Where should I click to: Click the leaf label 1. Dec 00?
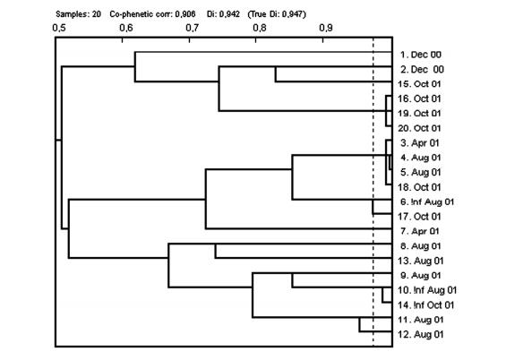(x=421, y=55)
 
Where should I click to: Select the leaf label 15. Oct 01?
(x=419, y=84)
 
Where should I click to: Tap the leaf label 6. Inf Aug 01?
(x=427, y=201)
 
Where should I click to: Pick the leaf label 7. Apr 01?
(x=420, y=231)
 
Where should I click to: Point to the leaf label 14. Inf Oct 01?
(x=426, y=304)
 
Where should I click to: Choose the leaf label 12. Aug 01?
(x=421, y=334)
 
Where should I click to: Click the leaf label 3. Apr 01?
(x=420, y=143)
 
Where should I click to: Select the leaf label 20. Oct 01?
(x=419, y=128)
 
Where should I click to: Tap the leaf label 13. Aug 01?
(x=421, y=261)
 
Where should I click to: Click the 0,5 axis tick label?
(x=59, y=28)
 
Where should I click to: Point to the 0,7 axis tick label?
(x=193, y=28)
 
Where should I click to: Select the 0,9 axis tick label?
(x=326, y=28)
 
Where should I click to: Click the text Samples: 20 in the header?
(x=78, y=14)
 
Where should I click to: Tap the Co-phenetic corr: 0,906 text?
(x=152, y=14)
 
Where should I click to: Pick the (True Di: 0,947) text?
(x=277, y=14)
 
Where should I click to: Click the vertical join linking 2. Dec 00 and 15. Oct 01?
(x=276, y=74)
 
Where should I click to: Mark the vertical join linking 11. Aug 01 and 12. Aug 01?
(x=359, y=324)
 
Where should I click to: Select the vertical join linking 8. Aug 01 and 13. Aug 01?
(x=216, y=251)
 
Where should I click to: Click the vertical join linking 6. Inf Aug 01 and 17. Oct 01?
(x=373, y=207)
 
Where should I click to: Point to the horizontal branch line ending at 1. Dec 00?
(x=263, y=52)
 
